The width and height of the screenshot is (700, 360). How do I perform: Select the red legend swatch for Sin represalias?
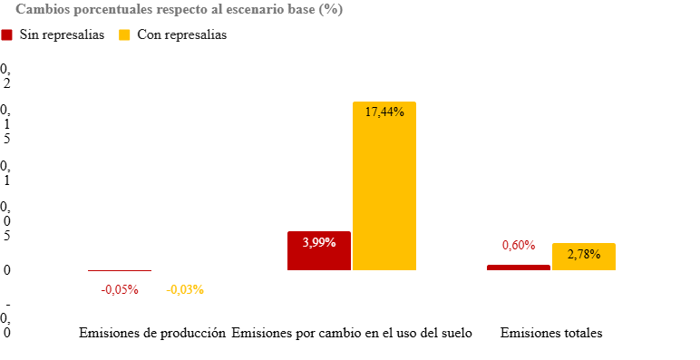click(x=7, y=35)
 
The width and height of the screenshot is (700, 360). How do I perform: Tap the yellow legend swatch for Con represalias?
click(x=124, y=35)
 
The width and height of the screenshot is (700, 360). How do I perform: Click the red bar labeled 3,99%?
click(x=318, y=251)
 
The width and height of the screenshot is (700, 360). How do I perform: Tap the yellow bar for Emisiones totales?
click(x=584, y=257)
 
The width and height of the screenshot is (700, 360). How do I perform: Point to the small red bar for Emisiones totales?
click(x=518, y=268)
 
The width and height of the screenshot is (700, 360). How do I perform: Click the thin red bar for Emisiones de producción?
click(x=120, y=270)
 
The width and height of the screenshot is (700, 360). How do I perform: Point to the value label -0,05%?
click(x=120, y=290)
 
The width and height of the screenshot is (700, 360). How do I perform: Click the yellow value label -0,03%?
click(x=185, y=290)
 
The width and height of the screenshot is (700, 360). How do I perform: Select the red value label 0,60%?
click(x=519, y=246)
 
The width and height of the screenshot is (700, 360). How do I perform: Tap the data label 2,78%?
click(x=584, y=255)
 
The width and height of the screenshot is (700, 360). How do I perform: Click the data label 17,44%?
click(x=384, y=112)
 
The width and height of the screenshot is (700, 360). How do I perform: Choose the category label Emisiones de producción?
click(x=152, y=333)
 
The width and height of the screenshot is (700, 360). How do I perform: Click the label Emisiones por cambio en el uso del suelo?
click(x=352, y=333)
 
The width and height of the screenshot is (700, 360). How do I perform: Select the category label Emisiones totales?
click(x=551, y=333)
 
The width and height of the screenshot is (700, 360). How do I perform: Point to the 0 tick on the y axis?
click(x=6, y=270)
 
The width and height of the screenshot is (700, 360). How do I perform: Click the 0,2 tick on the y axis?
click(x=6, y=76)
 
